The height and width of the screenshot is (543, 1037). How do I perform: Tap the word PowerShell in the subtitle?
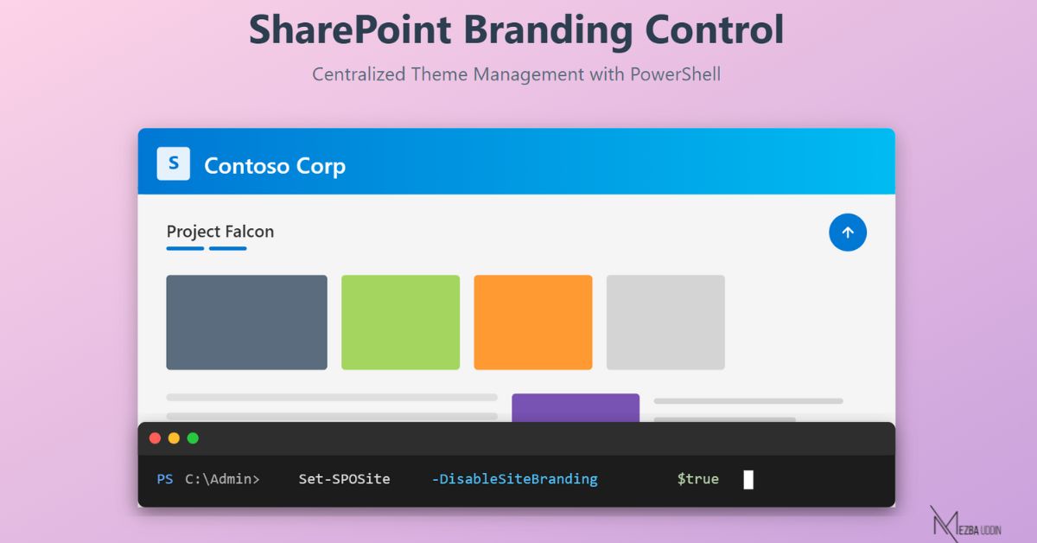(x=675, y=74)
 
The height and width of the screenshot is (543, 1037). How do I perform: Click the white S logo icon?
(x=173, y=163)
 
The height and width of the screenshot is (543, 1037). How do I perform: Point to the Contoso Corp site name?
(x=275, y=165)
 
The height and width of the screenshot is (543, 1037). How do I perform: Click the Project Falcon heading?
(x=219, y=232)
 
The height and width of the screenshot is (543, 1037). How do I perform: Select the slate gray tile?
(x=246, y=322)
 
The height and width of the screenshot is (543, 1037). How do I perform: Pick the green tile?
(x=400, y=322)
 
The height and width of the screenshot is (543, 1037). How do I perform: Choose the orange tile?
(x=532, y=322)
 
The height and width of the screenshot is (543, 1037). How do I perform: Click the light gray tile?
(x=665, y=322)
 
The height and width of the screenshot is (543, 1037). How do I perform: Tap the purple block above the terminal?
(x=575, y=408)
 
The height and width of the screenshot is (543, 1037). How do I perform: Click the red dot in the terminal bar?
(x=155, y=438)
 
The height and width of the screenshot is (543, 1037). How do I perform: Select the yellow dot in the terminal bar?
(x=174, y=438)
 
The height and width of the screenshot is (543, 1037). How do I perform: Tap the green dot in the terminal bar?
(x=193, y=438)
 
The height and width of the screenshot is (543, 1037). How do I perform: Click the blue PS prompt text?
(x=164, y=479)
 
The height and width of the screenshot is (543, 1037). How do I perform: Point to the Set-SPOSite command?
(x=344, y=479)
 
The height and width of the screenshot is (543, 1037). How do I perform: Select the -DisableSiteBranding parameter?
(x=514, y=479)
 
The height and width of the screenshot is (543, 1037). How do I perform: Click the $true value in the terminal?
(x=697, y=479)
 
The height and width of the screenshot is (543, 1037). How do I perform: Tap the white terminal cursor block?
(x=748, y=480)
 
